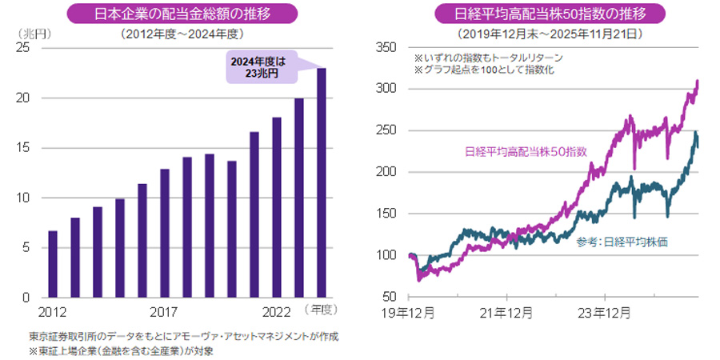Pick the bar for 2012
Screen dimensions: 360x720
point(52,264)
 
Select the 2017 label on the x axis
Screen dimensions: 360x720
point(164,311)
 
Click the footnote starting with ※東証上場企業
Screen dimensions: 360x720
point(121,350)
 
